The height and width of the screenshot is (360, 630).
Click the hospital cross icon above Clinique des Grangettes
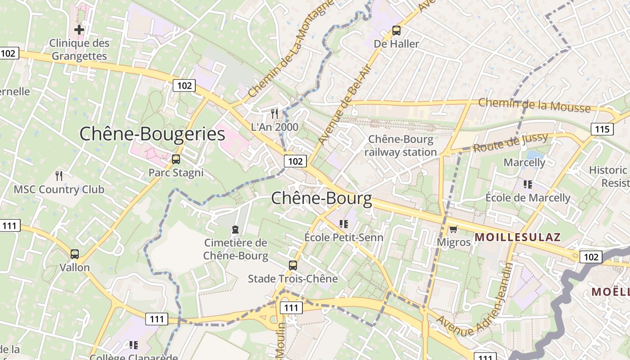[x=79, y=30]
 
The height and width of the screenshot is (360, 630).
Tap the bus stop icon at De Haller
[x=396, y=31]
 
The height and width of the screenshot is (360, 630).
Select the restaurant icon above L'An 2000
[x=274, y=113]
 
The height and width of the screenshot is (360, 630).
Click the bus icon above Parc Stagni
[x=176, y=159]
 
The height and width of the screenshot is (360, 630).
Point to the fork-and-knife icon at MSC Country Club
[x=59, y=175]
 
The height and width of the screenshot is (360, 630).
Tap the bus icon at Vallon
[x=75, y=254]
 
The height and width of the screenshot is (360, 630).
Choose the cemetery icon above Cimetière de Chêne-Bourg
[x=235, y=229]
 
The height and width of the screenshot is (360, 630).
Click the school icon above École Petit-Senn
[x=344, y=224]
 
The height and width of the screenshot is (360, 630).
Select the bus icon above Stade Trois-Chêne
[x=293, y=265]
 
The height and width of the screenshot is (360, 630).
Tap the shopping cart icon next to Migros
[x=453, y=229]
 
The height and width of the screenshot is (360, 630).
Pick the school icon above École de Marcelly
[x=528, y=184]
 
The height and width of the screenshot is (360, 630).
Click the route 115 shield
[x=602, y=130]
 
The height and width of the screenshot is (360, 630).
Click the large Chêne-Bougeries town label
[x=152, y=134]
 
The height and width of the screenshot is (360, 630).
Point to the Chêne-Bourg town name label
[x=322, y=198]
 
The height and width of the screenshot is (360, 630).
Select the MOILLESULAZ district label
[x=517, y=237]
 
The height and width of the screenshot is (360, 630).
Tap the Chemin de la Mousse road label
[x=534, y=105]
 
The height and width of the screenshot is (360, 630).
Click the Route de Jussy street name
[x=510, y=142]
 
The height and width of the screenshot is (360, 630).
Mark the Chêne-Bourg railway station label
[x=400, y=146]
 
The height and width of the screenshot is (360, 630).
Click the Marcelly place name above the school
[x=524, y=162]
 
